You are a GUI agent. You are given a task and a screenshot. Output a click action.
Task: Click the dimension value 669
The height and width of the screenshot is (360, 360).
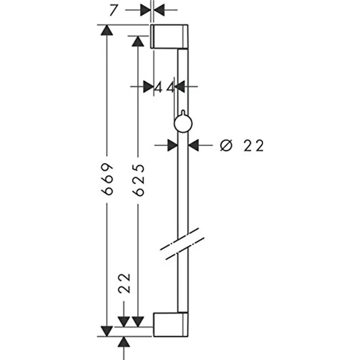pos(107,180)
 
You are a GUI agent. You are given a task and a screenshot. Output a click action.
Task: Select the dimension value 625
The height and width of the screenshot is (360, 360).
pos(139,180)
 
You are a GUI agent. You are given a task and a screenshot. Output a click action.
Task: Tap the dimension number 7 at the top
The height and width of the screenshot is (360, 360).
pos(113,10)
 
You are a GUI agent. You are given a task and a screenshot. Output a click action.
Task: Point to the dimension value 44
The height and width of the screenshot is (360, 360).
pos(164,88)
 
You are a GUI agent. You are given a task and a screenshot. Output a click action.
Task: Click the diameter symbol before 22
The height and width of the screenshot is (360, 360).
pos(226,145)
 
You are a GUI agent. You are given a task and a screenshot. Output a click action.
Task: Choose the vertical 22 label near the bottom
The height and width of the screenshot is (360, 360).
pos(124,283)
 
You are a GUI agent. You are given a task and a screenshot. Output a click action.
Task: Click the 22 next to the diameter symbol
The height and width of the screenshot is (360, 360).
pos(253,146)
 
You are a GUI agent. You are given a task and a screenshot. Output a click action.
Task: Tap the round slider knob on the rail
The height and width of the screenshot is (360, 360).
pos(183,124)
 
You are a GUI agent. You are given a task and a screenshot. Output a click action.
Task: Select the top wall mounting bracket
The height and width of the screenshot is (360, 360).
pos(169,36)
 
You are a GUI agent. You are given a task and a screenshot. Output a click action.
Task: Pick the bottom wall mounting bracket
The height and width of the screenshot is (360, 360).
pos(171,324)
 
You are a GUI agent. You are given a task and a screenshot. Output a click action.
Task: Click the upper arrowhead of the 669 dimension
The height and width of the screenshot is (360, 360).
pos(107,30)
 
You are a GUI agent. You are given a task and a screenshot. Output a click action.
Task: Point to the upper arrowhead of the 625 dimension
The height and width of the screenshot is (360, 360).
pos(138,41)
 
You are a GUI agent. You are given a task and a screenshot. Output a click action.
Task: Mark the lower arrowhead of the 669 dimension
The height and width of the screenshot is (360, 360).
pos(107,331)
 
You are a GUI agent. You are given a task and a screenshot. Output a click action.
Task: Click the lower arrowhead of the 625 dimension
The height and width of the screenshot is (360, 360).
pos(138,322)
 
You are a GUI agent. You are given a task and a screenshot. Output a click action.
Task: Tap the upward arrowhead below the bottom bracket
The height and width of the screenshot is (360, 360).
pos(124,342)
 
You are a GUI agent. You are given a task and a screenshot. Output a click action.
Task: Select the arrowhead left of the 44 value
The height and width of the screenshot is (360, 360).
pos(148,87)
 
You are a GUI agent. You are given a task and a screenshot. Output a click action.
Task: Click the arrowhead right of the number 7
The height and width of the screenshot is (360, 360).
pos(159,10)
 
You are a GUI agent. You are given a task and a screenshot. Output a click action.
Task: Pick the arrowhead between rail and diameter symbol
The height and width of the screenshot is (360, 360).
pos(193,145)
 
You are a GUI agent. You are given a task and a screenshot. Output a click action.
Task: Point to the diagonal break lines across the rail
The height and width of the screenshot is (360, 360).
pos(182,244)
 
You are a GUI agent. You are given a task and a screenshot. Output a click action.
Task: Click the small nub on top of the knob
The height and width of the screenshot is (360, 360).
pos(183,112)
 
